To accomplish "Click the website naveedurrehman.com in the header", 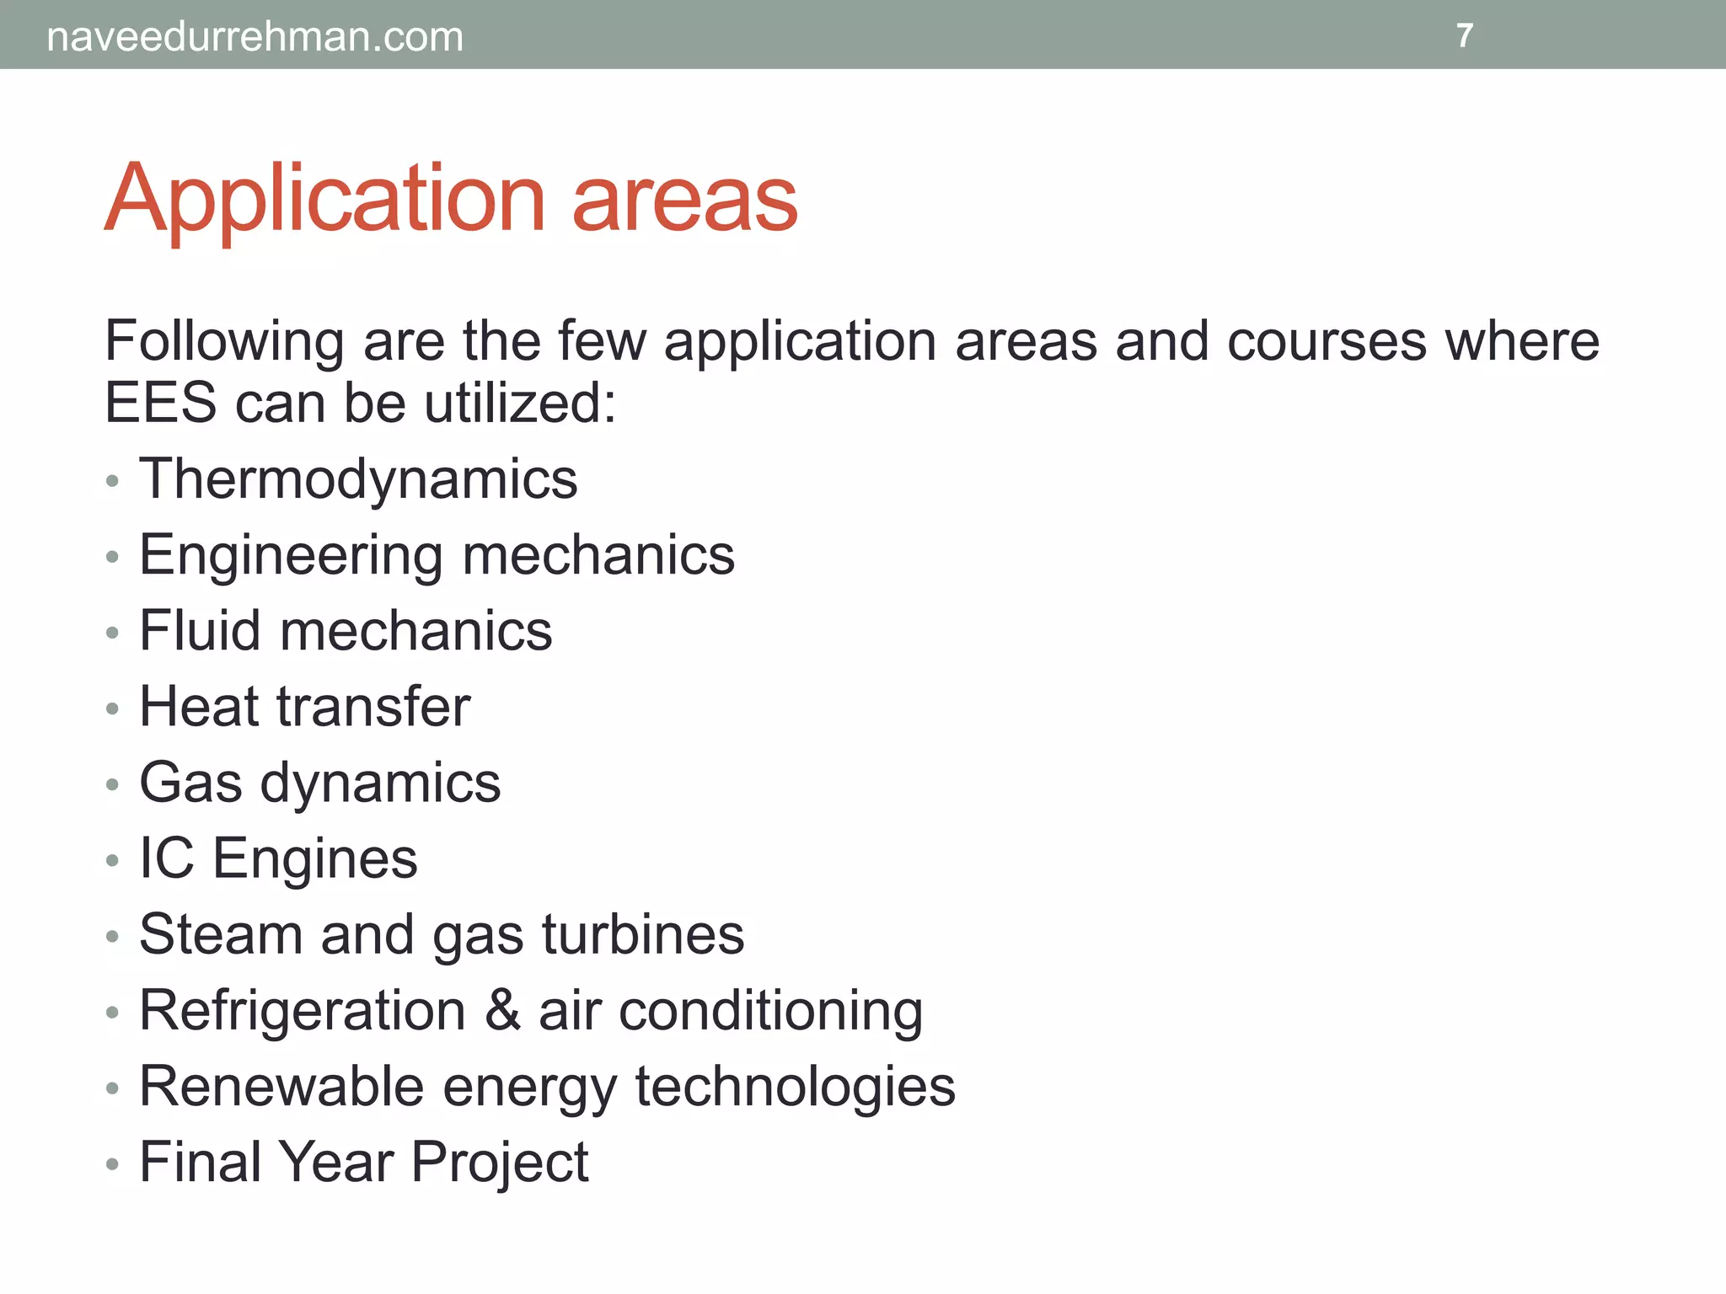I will pyautogui.click(x=255, y=37).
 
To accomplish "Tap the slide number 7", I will pyautogui.click(x=1465, y=35).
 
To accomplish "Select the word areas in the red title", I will pyautogui.click(x=684, y=199).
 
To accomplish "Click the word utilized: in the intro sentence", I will pyautogui.click(x=520, y=403).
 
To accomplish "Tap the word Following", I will pyautogui.click(x=224, y=342).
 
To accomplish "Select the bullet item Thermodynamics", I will pyautogui.click(x=358, y=479).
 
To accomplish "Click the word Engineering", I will pyautogui.click(x=291, y=555).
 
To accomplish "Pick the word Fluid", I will pyautogui.click(x=200, y=631).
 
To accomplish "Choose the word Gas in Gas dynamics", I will pyautogui.click(x=190, y=783).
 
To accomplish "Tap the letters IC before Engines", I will pyautogui.click(x=166, y=858).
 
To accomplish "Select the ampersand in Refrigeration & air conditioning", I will pyautogui.click(x=502, y=1010).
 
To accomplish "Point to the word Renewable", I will pyautogui.click(x=281, y=1086).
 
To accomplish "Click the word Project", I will pyautogui.click(x=500, y=1162).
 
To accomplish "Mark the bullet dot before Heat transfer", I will pyautogui.click(x=113, y=709).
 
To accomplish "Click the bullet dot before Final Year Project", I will pyautogui.click(x=113, y=1165).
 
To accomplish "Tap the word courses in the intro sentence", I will pyautogui.click(x=1327, y=342).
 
